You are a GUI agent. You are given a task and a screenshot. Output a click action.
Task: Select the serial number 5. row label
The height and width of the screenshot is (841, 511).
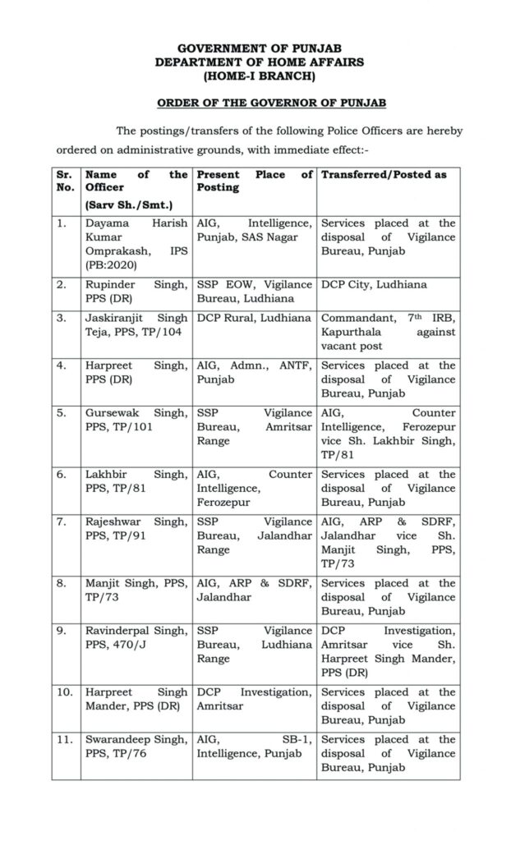click(x=62, y=413)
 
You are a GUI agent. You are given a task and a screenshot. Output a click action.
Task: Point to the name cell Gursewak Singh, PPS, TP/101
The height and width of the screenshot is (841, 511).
click(x=136, y=420)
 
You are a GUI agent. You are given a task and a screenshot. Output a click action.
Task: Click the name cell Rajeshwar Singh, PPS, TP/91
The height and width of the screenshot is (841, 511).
click(x=136, y=529)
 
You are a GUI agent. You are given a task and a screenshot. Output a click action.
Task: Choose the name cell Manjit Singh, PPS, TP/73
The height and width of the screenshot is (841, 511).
click(x=136, y=590)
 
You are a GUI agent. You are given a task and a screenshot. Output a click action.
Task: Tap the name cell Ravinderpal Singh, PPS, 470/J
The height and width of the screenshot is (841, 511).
click(x=136, y=637)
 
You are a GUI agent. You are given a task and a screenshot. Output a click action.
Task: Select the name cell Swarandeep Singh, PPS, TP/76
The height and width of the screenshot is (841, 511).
click(x=136, y=747)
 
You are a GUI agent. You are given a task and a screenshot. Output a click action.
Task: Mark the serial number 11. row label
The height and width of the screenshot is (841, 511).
click(x=63, y=740)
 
